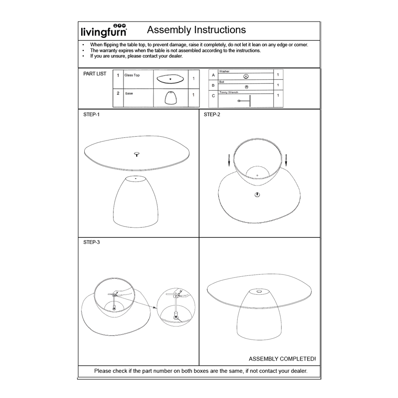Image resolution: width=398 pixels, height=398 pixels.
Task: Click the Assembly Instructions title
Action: point(196,30)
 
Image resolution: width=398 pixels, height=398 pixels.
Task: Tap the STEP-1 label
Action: point(91,114)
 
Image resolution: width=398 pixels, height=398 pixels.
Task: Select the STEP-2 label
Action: point(212,114)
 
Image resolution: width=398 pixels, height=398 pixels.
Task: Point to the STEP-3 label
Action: point(91,242)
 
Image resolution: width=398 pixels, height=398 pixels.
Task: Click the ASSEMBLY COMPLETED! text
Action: point(282,359)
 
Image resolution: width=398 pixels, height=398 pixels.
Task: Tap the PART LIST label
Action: point(95,74)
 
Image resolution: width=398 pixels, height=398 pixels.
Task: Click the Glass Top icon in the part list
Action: point(171,79)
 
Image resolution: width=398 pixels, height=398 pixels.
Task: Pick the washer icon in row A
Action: point(246,76)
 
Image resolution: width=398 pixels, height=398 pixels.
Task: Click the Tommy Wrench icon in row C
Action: point(245,100)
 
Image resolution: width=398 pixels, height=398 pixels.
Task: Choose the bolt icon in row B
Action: point(246,87)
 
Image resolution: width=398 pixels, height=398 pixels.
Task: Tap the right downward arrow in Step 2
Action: point(286,160)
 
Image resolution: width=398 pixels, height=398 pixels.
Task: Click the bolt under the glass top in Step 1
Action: point(137,154)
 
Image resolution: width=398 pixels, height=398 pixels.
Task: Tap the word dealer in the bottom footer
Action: point(298,371)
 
